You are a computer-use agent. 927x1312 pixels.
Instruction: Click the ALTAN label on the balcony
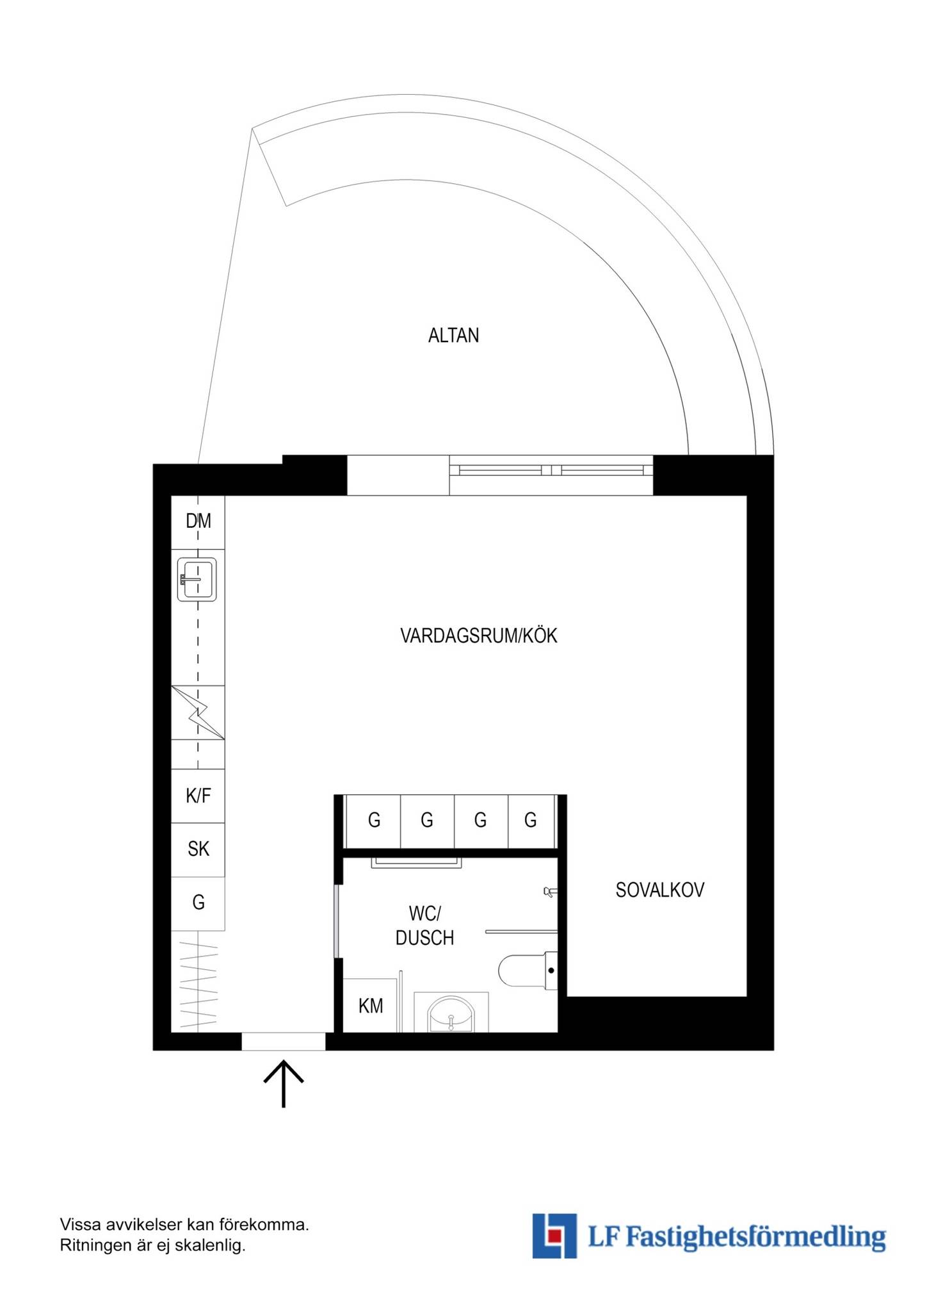click(x=453, y=335)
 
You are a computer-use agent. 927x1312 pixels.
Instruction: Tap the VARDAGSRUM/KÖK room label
click(x=479, y=635)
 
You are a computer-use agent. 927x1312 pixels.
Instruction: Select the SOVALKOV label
click(x=659, y=890)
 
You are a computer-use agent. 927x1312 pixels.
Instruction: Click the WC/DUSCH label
click(x=424, y=926)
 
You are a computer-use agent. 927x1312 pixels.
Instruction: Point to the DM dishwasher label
click(x=198, y=521)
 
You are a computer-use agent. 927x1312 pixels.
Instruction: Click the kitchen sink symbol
click(x=197, y=579)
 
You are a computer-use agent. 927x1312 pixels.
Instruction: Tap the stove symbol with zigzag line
click(x=198, y=712)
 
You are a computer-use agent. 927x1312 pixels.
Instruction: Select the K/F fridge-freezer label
click(x=198, y=796)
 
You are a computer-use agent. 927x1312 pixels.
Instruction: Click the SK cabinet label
click(x=198, y=849)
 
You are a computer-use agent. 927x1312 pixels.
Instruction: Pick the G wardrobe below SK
click(x=198, y=903)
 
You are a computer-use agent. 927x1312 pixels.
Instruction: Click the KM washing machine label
click(x=371, y=1006)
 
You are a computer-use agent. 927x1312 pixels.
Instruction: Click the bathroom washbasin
click(x=451, y=1014)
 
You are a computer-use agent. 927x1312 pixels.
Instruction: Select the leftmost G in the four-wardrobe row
click(x=375, y=820)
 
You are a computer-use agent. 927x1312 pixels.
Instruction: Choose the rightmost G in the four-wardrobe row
click(x=531, y=820)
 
